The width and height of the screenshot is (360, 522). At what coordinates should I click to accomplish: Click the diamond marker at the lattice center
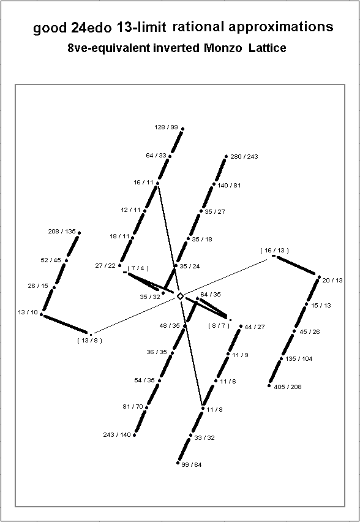tap(180, 296)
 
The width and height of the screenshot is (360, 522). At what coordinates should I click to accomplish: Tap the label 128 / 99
tap(166, 127)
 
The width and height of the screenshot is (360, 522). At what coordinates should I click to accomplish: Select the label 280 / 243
tap(244, 156)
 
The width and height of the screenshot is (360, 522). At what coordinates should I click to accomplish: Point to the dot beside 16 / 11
tap(157, 183)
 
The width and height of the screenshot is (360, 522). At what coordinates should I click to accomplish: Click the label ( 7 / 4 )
tap(138, 268)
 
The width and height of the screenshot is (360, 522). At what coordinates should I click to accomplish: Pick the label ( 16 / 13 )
tap(274, 251)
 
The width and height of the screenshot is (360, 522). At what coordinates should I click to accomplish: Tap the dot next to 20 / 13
tap(319, 277)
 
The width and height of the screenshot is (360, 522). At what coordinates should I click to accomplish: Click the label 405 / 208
tap(288, 387)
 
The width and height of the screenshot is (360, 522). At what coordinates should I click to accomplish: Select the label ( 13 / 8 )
tap(89, 341)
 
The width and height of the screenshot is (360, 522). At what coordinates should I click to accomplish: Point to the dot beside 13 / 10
tap(41, 314)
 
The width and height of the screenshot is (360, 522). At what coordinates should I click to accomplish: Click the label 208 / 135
tap(62, 232)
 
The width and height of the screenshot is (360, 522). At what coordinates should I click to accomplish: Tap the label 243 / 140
tap(117, 435)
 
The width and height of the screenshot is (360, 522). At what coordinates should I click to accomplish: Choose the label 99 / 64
tap(191, 465)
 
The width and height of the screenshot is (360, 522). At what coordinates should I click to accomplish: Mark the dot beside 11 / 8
tap(203, 408)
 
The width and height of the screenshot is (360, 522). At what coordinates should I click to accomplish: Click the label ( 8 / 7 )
tap(219, 325)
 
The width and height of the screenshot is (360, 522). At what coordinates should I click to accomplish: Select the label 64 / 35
tap(210, 294)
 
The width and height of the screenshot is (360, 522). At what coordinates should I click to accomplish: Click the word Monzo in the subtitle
tap(223, 48)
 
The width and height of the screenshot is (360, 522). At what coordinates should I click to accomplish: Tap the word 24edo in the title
tap(91, 28)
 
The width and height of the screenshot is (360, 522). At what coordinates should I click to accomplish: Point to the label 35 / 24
tap(190, 267)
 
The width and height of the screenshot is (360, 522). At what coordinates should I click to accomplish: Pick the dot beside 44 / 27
tap(241, 326)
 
